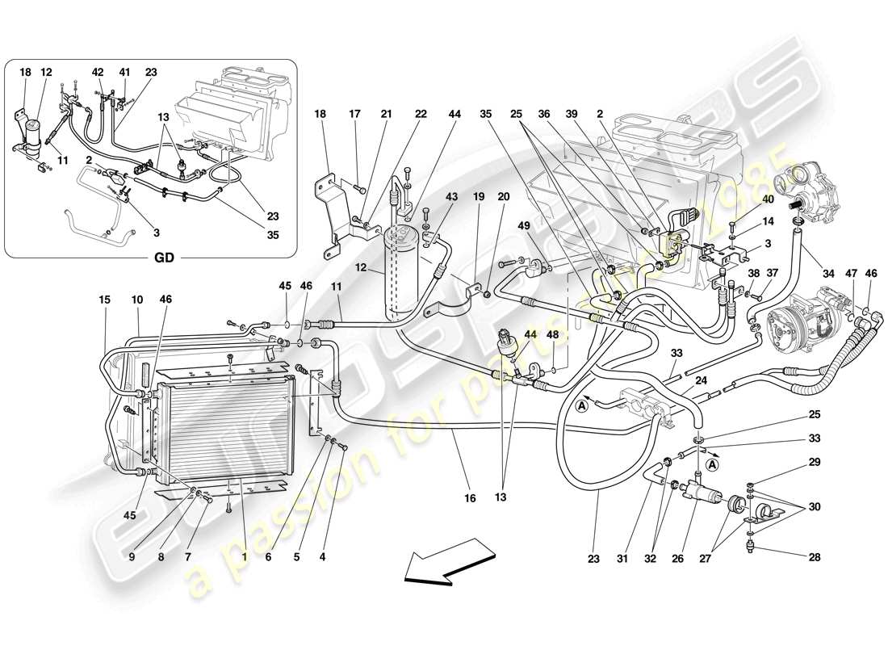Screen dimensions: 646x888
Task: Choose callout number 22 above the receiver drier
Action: coord(421,115)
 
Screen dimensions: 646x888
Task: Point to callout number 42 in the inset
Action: coord(98,72)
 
